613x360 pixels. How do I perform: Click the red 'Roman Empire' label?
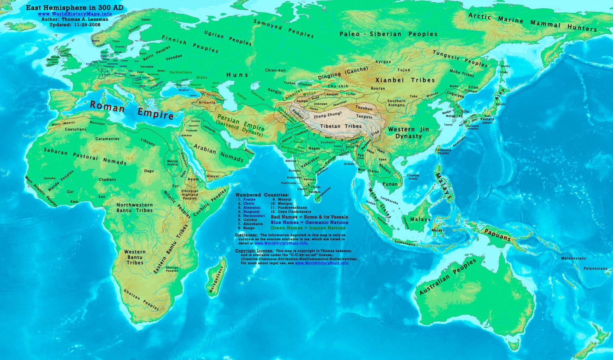click(132, 111)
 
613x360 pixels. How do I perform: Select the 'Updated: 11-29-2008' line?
click(75, 24)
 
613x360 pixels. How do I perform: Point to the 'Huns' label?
click(237, 75)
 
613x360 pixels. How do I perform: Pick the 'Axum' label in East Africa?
click(193, 179)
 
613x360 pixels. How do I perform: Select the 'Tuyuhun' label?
click(364, 108)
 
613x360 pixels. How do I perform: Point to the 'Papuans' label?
click(497, 235)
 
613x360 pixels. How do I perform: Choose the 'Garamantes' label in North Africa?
click(107, 139)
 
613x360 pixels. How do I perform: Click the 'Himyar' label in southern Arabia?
click(213, 176)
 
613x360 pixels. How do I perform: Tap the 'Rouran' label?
click(378, 89)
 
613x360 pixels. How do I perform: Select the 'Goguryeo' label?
click(455, 96)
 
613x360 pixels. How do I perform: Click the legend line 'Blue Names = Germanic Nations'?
click(309, 222)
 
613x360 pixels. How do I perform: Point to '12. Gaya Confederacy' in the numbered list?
click(292, 212)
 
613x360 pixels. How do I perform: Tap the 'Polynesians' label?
click(595, 269)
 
